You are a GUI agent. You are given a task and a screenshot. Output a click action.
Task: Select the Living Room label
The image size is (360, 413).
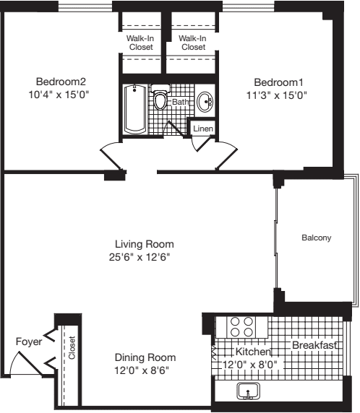(145, 243)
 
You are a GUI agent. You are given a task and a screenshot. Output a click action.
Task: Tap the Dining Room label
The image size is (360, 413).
(145, 357)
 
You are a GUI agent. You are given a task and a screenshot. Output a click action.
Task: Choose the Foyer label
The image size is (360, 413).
(29, 342)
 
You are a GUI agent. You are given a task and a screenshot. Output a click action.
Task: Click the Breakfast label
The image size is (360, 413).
(314, 346)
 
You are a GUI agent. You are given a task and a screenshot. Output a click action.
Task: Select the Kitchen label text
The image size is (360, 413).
(253, 352)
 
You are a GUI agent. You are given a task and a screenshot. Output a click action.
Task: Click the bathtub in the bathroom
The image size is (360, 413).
(134, 108)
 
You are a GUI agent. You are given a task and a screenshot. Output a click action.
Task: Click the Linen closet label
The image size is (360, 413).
(202, 129)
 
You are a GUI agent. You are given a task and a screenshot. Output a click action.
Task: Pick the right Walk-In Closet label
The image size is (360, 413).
(193, 42)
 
